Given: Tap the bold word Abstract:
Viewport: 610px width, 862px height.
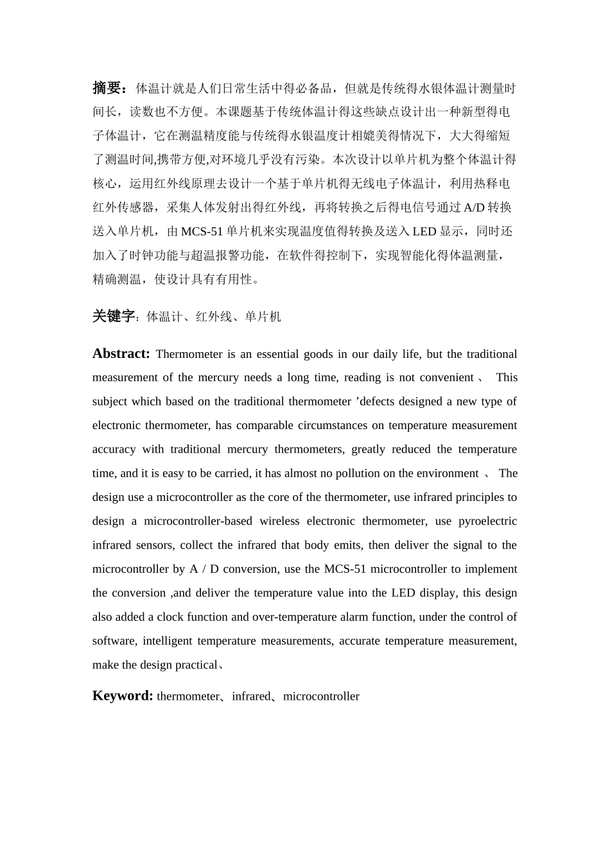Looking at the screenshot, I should click(121, 353).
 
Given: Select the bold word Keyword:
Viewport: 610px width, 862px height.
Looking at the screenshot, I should click(123, 696).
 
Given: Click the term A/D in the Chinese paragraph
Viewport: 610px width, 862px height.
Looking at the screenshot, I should click(474, 208).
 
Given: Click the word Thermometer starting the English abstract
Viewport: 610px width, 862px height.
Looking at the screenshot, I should click(189, 354).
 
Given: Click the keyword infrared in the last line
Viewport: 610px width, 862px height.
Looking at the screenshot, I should click(251, 697).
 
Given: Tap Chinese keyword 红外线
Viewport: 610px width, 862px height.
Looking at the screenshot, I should click(214, 317).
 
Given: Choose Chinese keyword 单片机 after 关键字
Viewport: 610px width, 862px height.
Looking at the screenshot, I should click(263, 317).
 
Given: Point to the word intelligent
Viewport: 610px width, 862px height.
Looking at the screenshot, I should click(167, 641).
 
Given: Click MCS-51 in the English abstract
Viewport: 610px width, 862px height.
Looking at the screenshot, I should click(345, 569).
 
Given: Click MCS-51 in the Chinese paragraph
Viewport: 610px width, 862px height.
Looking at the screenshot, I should click(202, 232).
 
